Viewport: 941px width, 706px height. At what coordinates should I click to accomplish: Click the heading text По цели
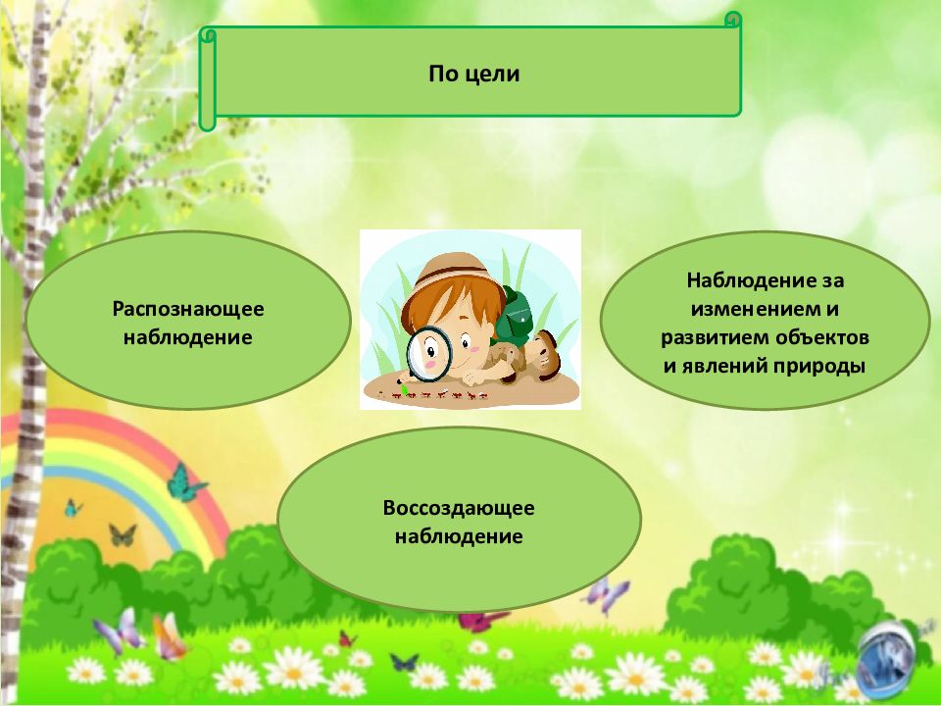[473, 74]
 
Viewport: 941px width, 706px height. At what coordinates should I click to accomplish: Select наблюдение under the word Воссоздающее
[459, 536]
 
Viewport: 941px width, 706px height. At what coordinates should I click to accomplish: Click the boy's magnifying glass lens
[427, 351]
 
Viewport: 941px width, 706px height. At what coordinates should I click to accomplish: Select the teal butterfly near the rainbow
[184, 482]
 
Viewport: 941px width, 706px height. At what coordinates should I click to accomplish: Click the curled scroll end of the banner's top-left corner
[207, 35]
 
